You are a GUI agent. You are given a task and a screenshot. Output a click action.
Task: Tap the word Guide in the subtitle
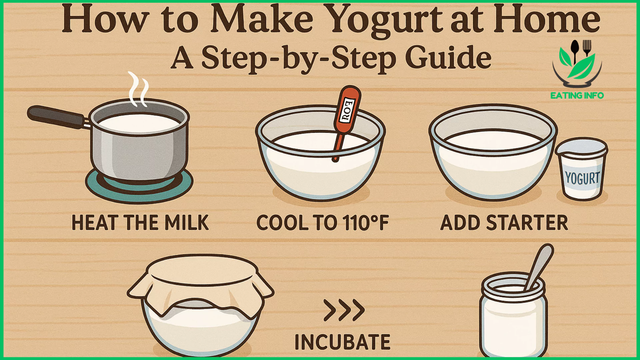coord(448,57)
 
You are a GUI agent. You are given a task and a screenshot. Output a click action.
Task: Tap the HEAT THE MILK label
coord(140,223)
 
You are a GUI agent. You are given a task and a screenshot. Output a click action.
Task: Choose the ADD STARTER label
coord(504,223)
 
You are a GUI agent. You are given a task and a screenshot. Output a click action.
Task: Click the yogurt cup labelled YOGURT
coord(582,169)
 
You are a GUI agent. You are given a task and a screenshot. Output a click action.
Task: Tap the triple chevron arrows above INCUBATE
coord(344,310)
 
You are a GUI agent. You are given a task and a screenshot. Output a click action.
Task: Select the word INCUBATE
coord(343,342)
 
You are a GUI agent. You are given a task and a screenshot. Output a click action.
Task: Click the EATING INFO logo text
coord(577,96)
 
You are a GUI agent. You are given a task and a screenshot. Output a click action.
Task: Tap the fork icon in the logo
coord(587,48)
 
